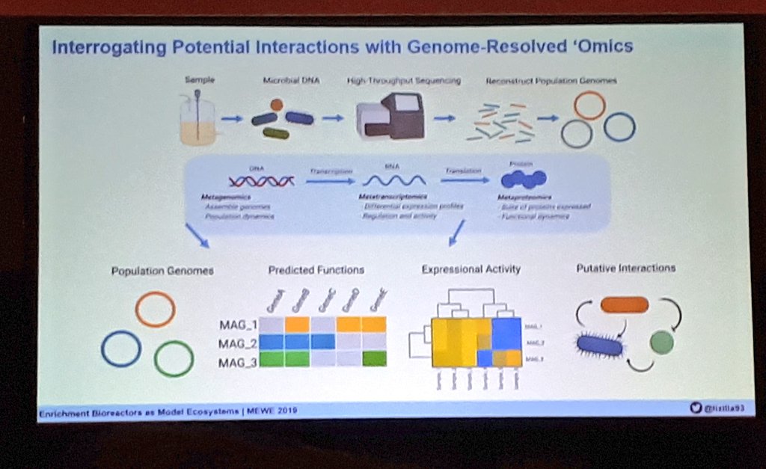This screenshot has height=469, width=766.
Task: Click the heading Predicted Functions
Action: click(x=316, y=270)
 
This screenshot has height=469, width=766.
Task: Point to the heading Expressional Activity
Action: click(x=471, y=269)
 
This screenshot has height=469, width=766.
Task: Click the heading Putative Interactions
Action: click(x=625, y=267)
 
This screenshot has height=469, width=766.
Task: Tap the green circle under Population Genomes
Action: click(x=174, y=358)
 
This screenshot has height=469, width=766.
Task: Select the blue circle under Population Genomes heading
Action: click(x=121, y=349)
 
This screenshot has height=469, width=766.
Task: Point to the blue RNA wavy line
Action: click(x=394, y=180)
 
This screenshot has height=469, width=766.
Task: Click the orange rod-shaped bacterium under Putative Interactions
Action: click(x=624, y=304)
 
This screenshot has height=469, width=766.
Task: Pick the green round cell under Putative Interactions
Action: click(x=661, y=343)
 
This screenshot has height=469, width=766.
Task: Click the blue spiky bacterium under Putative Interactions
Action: click(x=599, y=346)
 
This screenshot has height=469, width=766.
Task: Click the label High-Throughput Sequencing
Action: click(x=403, y=80)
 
